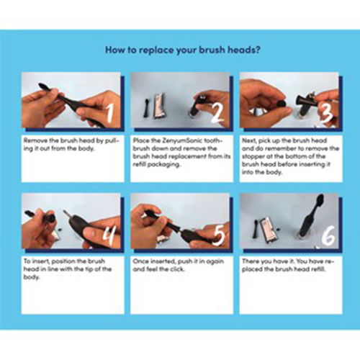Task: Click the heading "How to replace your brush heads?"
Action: pos(183,50)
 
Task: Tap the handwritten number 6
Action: pos(328,237)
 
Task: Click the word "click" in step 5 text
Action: pos(177,269)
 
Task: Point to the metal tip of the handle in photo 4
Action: pos(66,214)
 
